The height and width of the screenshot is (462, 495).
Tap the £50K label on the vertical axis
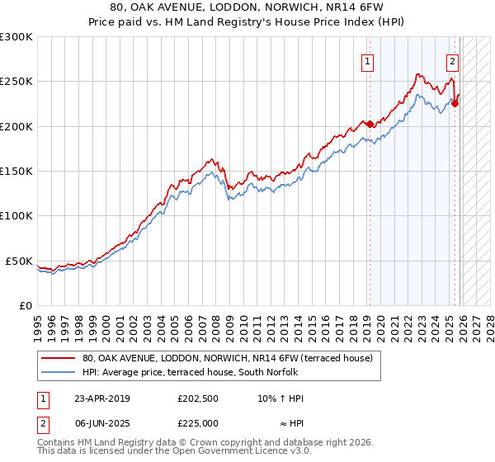click(x=20, y=261)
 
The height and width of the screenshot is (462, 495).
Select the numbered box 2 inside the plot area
click(x=453, y=60)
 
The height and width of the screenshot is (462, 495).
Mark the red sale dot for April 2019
click(x=370, y=125)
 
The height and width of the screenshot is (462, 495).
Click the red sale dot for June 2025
click(x=455, y=104)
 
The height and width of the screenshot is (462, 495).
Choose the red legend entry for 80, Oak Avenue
click(x=227, y=359)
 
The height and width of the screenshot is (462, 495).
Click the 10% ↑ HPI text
click(x=280, y=398)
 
